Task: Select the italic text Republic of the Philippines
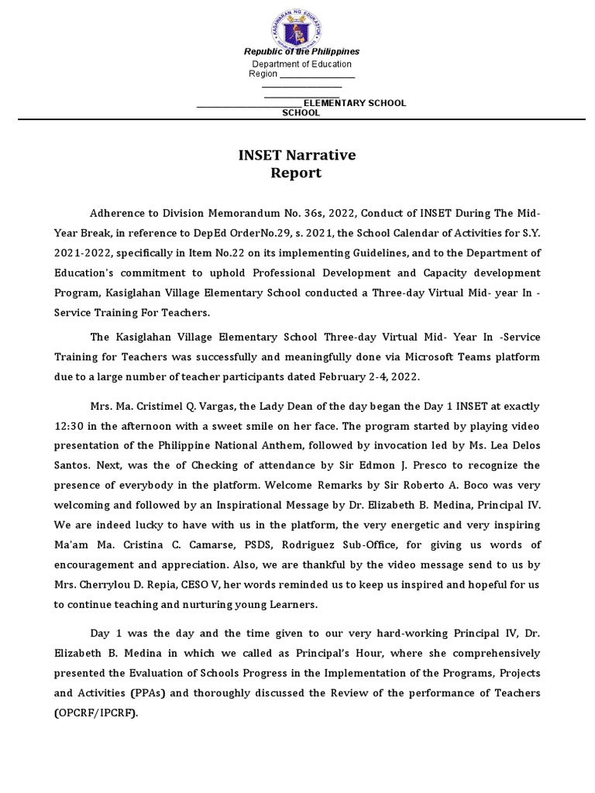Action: [301, 51]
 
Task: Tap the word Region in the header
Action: [263, 74]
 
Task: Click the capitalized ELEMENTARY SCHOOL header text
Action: [354, 103]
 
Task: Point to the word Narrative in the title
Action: [319, 155]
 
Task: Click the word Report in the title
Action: [295, 173]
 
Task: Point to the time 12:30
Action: [71, 427]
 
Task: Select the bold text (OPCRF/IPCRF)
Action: [95, 712]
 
